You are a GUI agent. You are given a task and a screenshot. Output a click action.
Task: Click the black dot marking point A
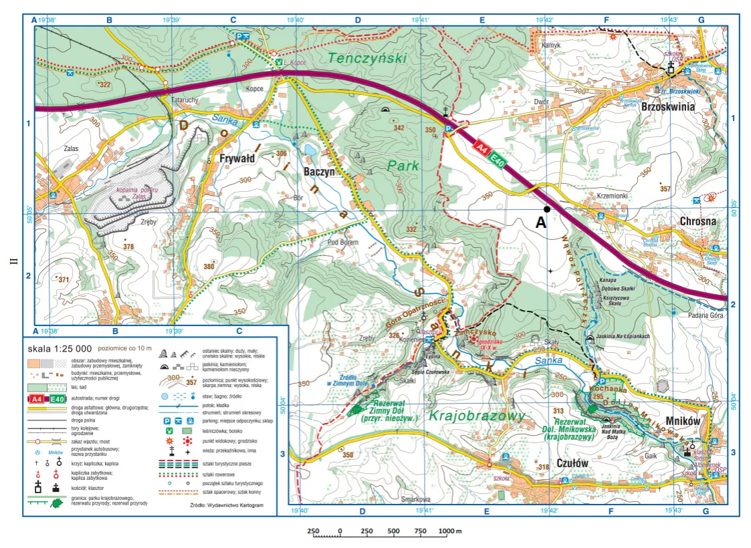tap(547, 209)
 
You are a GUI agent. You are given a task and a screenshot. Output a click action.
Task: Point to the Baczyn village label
tap(319, 171)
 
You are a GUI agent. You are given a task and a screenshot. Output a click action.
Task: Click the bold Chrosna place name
tap(698, 221)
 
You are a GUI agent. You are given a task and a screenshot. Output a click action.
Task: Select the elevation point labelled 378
tap(129, 247)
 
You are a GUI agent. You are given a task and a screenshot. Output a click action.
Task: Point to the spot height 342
tap(399, 128)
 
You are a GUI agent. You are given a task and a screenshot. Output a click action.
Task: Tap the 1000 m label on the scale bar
tap(450, 531)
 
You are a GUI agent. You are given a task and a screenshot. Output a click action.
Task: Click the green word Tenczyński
tap(366, 58)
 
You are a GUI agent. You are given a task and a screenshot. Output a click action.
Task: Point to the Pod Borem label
tap(343, 242)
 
